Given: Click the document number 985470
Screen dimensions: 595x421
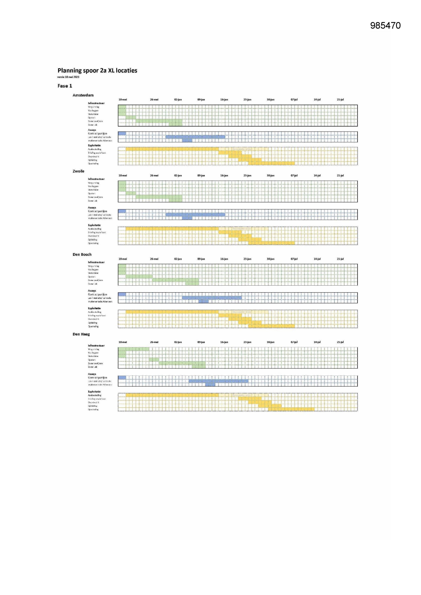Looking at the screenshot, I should click(385, 26).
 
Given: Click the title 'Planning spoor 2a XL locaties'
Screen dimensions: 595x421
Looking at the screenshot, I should click(97, 71).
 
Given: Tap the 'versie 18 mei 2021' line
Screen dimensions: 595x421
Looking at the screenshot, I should click(68, 77).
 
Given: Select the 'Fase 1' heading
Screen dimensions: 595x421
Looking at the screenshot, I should click(65, 86).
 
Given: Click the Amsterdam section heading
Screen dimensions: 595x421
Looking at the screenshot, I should click(83, 95).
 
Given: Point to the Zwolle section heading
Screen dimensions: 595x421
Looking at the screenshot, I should click(78, 171).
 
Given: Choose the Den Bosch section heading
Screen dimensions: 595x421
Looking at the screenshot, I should click(82, 254).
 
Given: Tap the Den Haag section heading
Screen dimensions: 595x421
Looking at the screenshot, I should click(81, 334).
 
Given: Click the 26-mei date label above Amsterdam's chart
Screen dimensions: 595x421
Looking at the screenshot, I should click(154, 100).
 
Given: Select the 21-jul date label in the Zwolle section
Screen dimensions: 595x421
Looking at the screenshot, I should click(340, 176).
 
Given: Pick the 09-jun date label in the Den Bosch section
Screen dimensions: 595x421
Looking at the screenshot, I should click(201, 259).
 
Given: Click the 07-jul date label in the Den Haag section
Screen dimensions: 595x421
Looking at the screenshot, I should click(294, 342).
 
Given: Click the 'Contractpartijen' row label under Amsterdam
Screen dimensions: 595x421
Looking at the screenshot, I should click(97, 134).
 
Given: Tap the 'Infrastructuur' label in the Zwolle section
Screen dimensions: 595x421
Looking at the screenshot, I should click(96, 179).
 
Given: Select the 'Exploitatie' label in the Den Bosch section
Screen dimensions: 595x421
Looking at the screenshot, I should click(94, 308).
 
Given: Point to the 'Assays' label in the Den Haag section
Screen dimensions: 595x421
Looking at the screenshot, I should click(92, 374).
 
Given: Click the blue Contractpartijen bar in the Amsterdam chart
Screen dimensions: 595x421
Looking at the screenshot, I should click(122, 133).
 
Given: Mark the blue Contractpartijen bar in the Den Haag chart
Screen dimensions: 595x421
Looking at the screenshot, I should click(122, 378).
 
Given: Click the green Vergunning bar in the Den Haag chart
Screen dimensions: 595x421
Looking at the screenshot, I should click(134, 349).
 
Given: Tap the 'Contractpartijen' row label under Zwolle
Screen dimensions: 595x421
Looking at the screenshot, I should click(97, 211).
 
